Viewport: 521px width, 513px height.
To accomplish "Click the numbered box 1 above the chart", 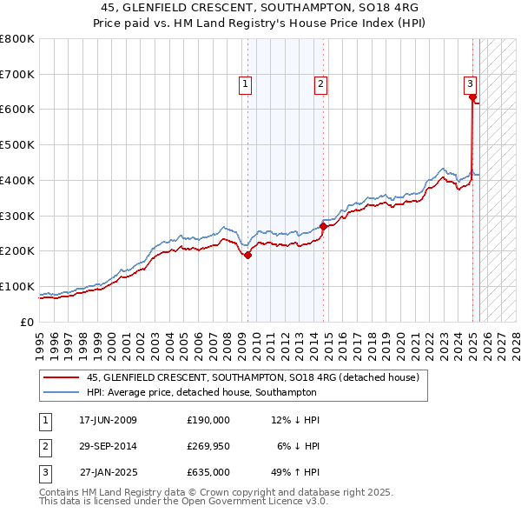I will [x=246, y=84].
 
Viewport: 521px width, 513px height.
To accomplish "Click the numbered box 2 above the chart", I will [x=320, y=84].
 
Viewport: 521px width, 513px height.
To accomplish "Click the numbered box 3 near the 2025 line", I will [x=470, y=84].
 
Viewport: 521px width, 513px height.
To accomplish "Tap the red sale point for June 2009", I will [x=247, y=255].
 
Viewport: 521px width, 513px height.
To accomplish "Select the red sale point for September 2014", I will [x=323, y=226].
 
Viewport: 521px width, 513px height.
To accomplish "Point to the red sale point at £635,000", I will [x=472, y=97].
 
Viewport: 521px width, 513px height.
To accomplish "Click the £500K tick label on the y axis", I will [x=16, y=145].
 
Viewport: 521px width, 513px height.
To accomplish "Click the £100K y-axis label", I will [x=16, y=286].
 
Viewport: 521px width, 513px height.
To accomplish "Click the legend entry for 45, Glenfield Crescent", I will [x=253, y=377].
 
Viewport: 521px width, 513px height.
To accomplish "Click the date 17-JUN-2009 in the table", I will [x=108, y=420].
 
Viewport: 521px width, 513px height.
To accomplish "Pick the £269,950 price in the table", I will [x=208, y=446].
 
